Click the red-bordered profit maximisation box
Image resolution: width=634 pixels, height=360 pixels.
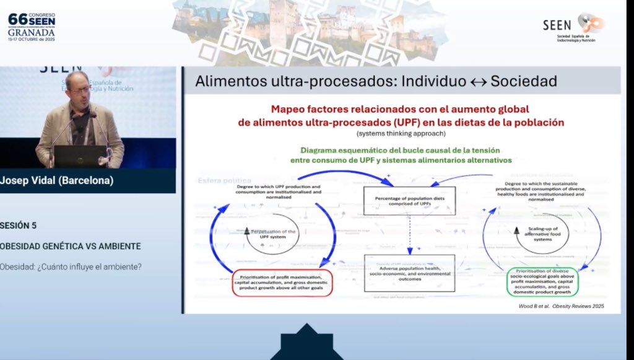click(283, 283)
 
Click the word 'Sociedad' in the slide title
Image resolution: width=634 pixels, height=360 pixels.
click(523, 82)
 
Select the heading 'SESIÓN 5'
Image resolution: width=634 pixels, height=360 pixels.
click(22, 226)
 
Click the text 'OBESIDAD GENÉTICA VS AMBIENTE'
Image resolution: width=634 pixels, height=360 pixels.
click(70, 246)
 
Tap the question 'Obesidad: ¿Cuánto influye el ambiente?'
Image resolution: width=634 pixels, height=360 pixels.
click(71, 267)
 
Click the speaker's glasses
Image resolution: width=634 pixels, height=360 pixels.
click(79, 89)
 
